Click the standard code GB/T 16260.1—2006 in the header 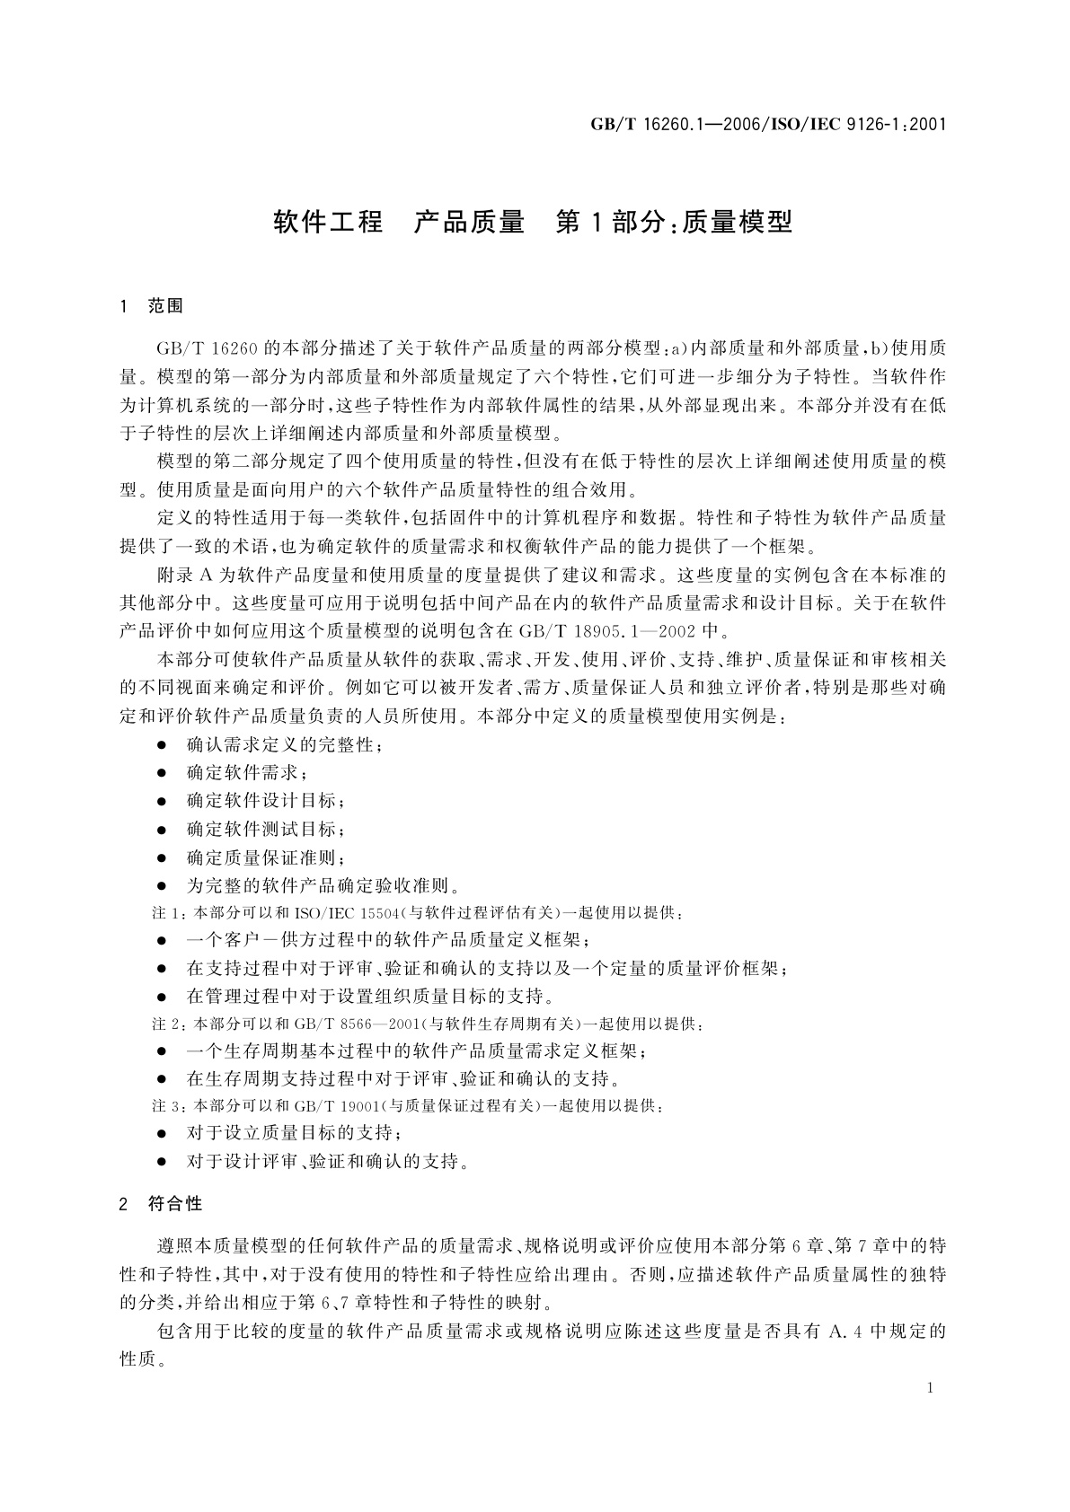671,124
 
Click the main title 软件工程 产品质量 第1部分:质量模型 534,222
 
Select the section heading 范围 165,306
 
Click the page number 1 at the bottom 930,1388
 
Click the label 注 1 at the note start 166,913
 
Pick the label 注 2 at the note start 166,1024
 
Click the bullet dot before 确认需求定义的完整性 162,745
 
